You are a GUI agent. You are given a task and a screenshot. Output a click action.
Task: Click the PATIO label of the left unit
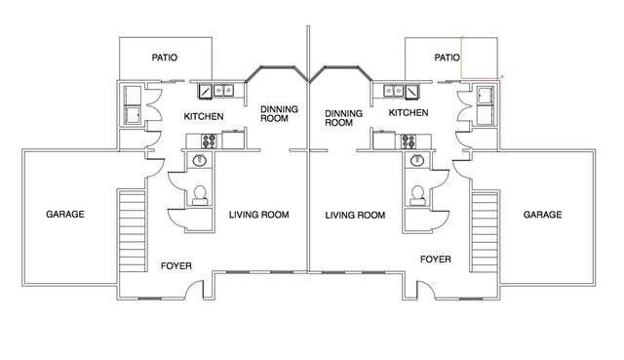point(164,58)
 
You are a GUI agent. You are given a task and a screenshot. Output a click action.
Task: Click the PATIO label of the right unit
point(447,58)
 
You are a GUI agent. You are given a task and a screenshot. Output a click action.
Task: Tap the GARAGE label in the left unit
point(65,214)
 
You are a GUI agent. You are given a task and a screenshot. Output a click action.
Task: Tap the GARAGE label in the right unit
point(541,214)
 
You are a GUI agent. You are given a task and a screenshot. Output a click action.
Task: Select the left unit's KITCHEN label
point(204,116)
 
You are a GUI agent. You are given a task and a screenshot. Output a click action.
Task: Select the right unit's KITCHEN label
point(409,113)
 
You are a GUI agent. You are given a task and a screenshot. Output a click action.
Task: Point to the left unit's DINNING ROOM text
point(279,114)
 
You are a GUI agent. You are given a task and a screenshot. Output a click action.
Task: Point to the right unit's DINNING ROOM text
point(337,118)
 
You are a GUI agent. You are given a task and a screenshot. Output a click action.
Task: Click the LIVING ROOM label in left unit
point(259,215)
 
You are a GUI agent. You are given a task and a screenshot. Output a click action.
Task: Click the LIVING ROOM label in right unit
point(355,215)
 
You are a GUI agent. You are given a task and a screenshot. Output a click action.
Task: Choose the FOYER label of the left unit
point(176,265)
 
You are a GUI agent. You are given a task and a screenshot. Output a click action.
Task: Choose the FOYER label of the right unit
point(435,260)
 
